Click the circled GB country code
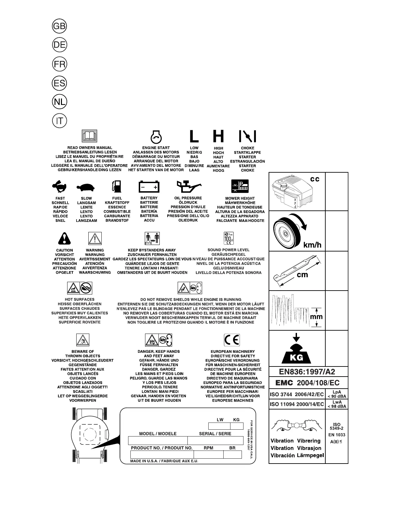click(59, 26)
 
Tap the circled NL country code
click(59, 102)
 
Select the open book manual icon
click(89, 136)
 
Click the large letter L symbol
click(194, 136)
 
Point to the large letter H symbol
click(218, 136)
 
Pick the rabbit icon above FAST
click(60, 187)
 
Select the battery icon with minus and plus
click(149, 187)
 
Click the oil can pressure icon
click(189, 187)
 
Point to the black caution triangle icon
click(64, 239)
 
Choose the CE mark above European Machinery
click(232, 340)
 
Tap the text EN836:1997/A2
click(307, 372)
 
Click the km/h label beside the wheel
click(312, 245)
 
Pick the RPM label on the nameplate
click(208, 448)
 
